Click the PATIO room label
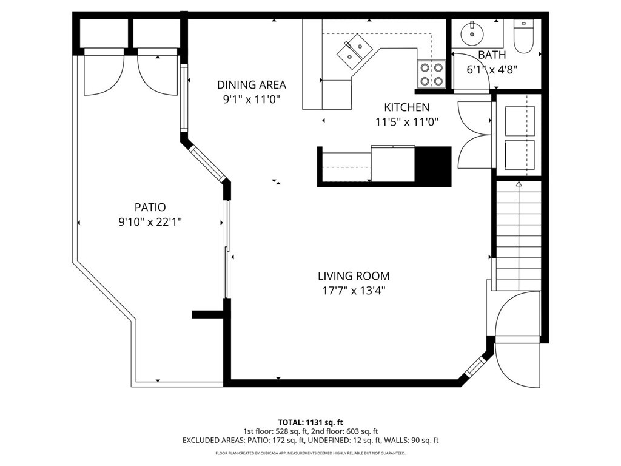pos(150,208)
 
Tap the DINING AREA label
pos(252,85)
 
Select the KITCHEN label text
pos(406,107)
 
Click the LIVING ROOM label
pos(354,276)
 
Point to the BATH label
pos(492,55)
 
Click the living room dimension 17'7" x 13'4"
pos(354,291)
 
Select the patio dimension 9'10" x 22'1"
pos(150,222)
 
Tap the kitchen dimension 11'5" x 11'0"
pos(406,122)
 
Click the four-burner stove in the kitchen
pos(431,74)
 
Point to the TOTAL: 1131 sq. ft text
pos(310,422)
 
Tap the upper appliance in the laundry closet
pos(520,121)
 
